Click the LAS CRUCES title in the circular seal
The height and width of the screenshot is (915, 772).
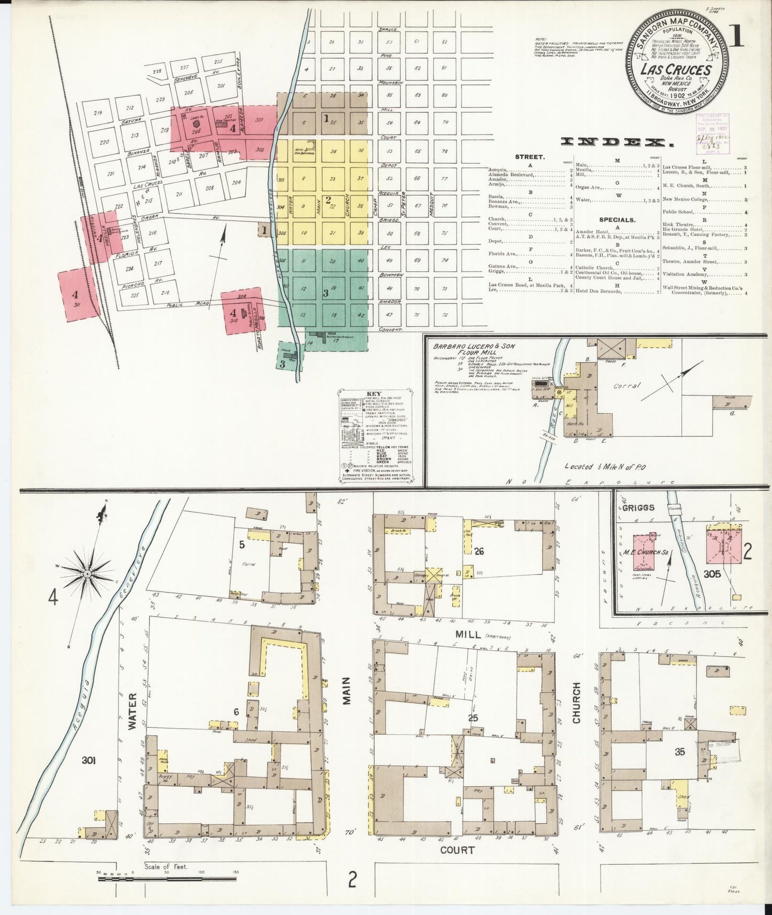pos(677,70)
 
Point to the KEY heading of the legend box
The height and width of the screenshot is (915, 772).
pos(374,393)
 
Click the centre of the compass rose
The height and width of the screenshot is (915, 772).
pos(87,573)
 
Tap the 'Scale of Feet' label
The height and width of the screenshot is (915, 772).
pos(166,881)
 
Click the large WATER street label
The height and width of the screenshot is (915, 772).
pos(132,711)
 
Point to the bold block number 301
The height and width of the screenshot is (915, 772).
pos(88,760)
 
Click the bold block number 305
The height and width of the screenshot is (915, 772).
pos(713,574)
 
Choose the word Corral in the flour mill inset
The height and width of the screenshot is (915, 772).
pos(626,385)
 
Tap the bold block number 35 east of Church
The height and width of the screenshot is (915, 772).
pos(680,752)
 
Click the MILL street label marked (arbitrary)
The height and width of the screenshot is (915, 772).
pos(469,635)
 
